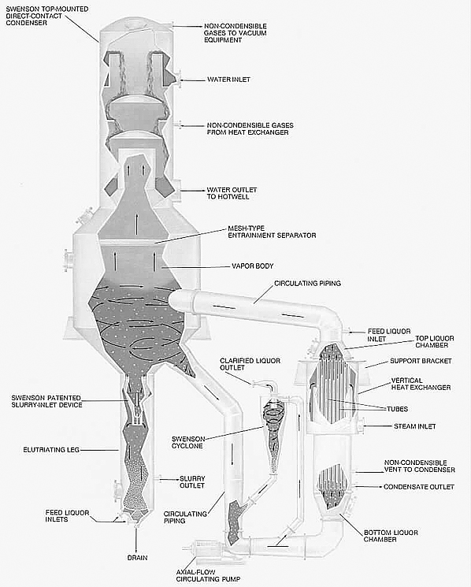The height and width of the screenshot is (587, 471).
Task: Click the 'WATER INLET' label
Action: point(228,80)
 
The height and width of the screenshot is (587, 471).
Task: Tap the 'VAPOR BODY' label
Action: point(253,266)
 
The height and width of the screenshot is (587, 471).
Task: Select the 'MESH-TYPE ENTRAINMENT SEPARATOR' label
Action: point(272,232)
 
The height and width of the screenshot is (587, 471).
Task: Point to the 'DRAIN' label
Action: point(137,558)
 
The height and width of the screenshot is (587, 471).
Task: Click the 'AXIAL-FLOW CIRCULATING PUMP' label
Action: point(208,576)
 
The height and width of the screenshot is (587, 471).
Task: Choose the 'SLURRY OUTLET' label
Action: point(192,482)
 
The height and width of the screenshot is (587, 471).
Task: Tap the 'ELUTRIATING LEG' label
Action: point(51,450)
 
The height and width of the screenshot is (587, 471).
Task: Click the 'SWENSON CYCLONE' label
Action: point(188,443)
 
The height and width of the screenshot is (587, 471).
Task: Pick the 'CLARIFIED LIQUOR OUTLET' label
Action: point(250,364)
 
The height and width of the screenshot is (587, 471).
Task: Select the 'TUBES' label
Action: point(397,409)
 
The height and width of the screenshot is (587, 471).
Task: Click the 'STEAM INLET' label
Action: point(414,426)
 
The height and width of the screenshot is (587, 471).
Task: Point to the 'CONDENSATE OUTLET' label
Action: point(419,487)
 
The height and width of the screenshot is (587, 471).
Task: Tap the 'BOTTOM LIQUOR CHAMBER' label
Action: point(391,536)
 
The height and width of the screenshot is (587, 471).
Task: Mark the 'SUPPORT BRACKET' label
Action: point(421,361)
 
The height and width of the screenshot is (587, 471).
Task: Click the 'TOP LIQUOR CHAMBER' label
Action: point(434,342)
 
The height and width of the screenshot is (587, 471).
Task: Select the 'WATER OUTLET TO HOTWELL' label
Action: point(232,193)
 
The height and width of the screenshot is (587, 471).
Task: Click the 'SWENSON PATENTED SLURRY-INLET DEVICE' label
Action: point(46,401)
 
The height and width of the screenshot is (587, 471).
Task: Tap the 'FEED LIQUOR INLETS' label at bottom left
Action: point(67,516)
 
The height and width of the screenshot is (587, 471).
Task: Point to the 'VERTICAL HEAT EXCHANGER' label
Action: point(421,384)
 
